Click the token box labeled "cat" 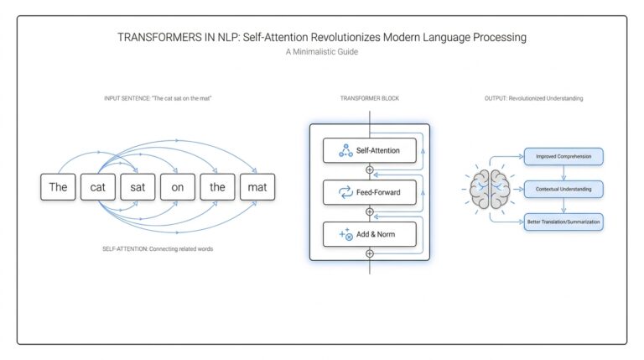point(98,187)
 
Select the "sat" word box point(138,187)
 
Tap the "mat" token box point(257,187)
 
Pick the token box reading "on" point(178,187)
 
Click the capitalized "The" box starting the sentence point(58,187)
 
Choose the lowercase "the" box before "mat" point(217,187)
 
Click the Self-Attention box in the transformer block point(369,151)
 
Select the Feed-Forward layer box point(369,191)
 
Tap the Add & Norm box point(369,234)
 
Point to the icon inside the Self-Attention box point(344,151)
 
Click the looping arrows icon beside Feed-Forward point(344,191)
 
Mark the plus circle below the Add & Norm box point(369,253)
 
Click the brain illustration point(490,189)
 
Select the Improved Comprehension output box point(563,156)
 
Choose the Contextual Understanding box point(563,189)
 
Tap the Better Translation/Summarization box point(563,222)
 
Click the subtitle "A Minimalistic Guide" point(321,52)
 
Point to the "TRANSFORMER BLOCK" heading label point(369,99)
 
